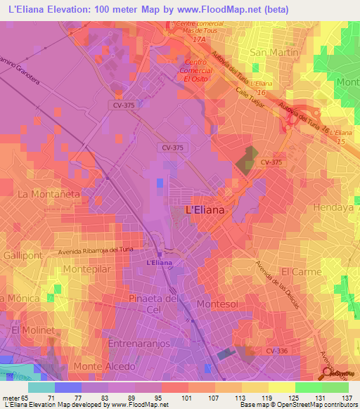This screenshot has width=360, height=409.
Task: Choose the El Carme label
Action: [x=301, y=271]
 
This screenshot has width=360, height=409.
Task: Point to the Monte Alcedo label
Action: [x=105, y=367]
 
